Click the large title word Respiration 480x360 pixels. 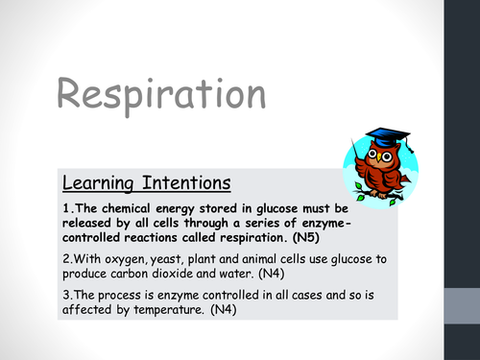click(160, 96)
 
